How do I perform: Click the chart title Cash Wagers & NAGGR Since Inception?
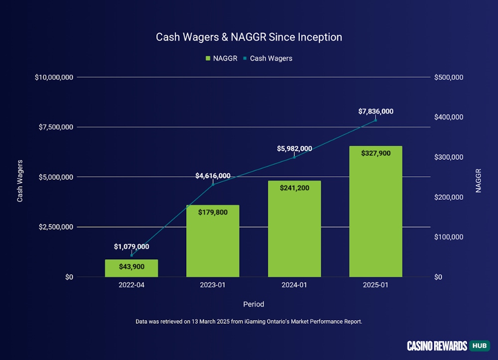(249, 37)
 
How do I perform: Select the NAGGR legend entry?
(221, 58)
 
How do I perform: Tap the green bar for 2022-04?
(131, 268)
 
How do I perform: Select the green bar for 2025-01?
(375, 214)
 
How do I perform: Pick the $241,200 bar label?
(294, 188)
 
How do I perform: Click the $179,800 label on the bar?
(213, 213)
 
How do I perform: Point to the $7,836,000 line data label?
(375, 111)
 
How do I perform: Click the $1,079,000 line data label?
(131, 246)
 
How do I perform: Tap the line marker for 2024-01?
(294, 157)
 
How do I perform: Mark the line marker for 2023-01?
(213, 185)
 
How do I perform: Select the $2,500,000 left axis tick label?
(54, 227)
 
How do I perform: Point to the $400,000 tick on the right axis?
(449, 117)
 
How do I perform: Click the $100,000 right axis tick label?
(449, 237)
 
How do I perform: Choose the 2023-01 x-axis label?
(213, 285)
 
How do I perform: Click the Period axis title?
(253, 304)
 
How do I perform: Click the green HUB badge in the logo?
(480, 346)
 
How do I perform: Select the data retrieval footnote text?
(249, 322)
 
